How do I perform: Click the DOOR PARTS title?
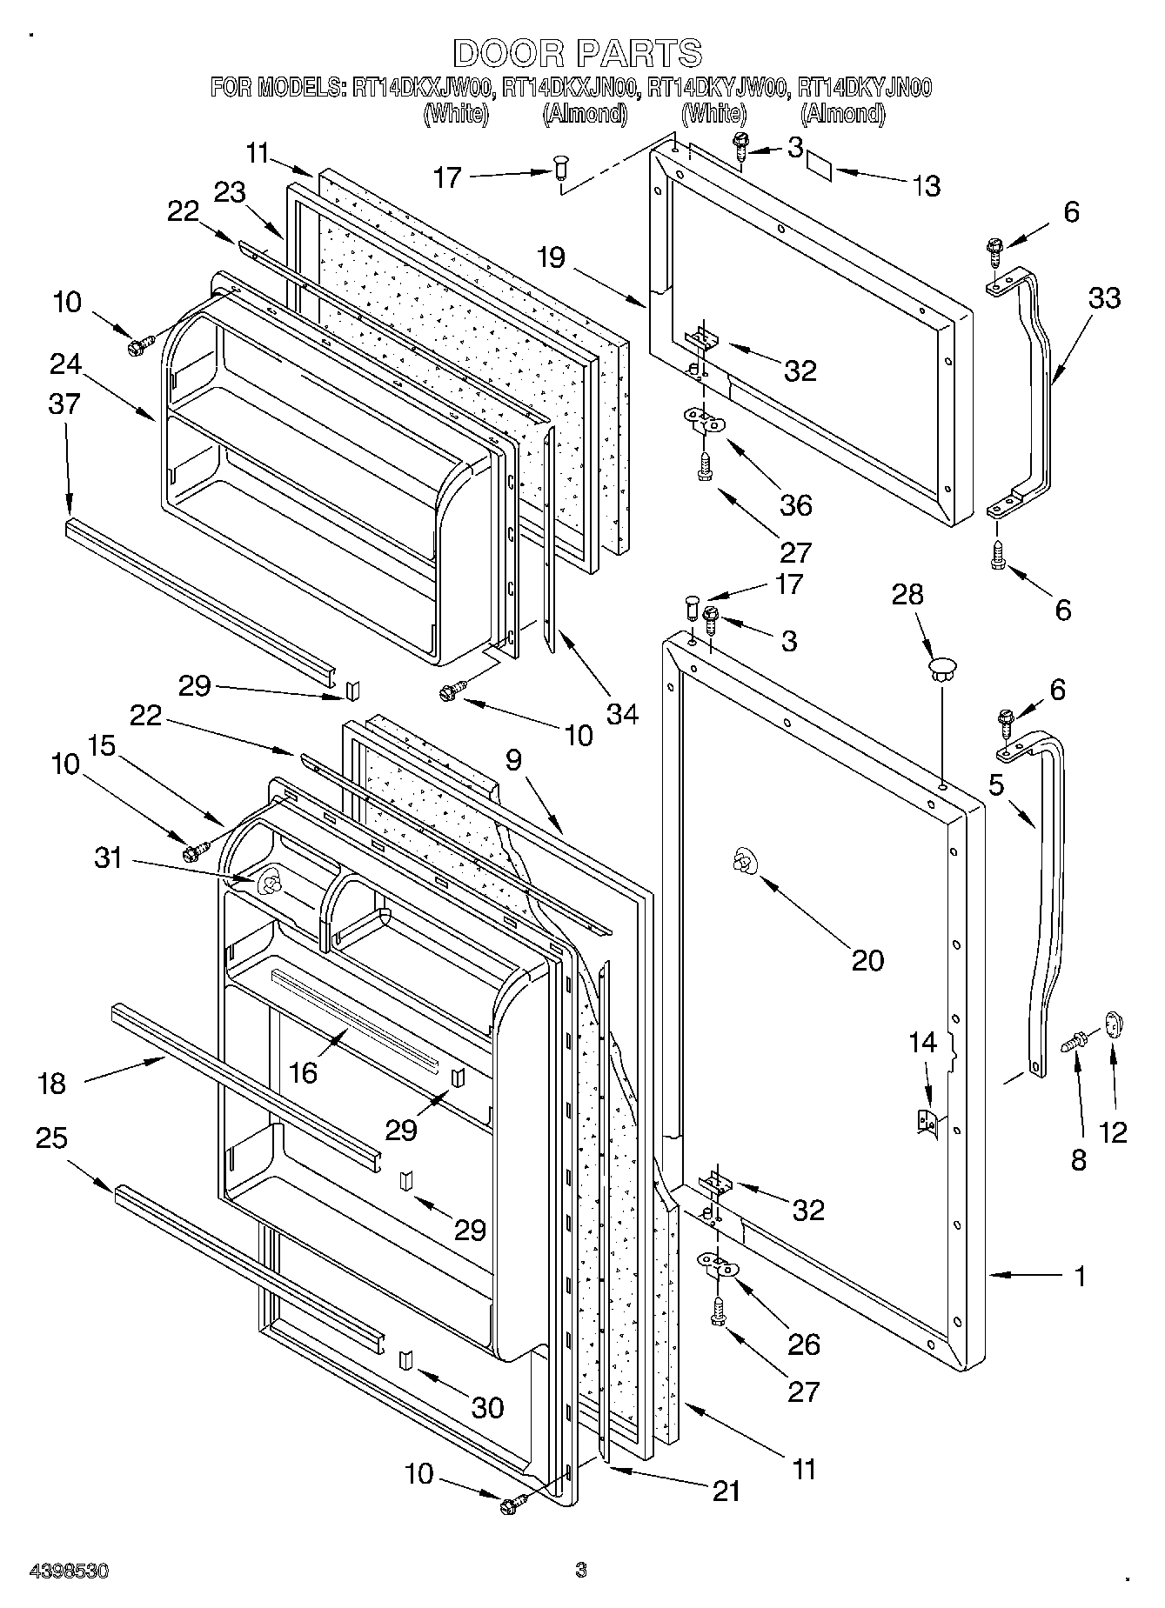point(577,53)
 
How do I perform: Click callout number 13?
point(927,185)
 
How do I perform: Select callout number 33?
point(1104,297)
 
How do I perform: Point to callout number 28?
point(907,595)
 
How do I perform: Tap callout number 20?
point(867,960)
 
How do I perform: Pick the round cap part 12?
point(1115,1024)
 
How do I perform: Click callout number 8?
point(1079,1159)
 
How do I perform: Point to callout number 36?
point(795,504)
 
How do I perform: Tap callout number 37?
point(65,404)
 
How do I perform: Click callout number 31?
point(108,858)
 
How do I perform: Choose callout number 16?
point(303,1072)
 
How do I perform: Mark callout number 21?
point(726,1491)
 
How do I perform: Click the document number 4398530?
point(69,1571)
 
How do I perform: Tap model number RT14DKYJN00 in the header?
point(865,87)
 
